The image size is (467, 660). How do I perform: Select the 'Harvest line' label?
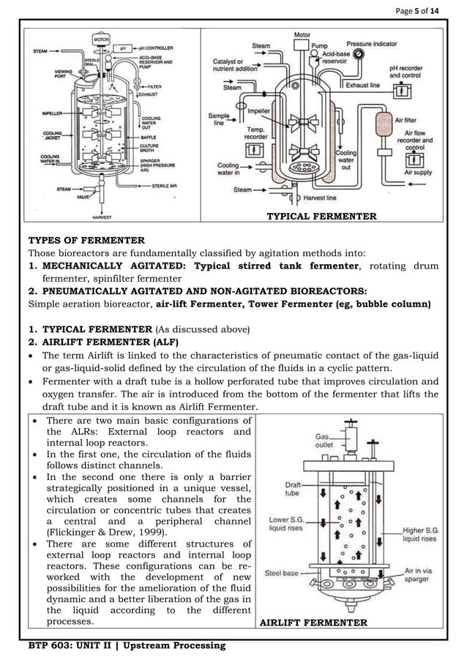(x=320, y=198)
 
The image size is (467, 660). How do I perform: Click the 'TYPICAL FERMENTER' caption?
(x=321, y=216)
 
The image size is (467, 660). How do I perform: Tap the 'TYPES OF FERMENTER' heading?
(x=86, y=240)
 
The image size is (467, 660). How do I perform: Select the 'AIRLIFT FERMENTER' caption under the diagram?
(x=314, y=623)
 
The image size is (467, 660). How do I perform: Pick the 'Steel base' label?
(x=281, y=573)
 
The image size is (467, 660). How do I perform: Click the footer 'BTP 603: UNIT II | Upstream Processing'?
(x=127, y=645)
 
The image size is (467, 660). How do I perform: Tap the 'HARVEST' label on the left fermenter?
(x=102, y=217)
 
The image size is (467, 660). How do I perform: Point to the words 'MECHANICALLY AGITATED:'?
(x=115, y=266)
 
